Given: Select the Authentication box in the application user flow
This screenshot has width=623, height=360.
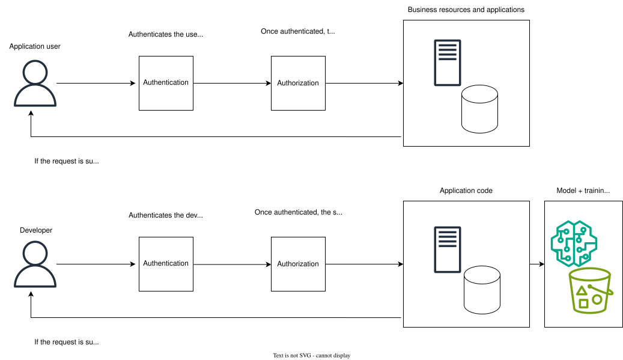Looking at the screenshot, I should click(x=166, y=83).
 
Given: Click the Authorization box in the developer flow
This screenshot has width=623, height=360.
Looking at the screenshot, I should click(x=298, y=264).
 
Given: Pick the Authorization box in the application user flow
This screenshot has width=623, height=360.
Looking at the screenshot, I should click(x=298, y=83).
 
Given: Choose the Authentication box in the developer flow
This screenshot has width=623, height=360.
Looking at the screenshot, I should click(x=166, y=264).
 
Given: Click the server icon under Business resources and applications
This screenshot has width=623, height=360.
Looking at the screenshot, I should click(x=448, y=63).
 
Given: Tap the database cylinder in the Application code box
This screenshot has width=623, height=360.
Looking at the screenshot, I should click(x=482, y=291).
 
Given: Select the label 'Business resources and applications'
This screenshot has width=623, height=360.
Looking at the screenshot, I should click(x=466, y=10).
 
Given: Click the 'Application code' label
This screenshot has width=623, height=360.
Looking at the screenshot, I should click(x=466, y=191).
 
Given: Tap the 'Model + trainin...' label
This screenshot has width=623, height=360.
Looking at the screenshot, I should click(x=583, y=191).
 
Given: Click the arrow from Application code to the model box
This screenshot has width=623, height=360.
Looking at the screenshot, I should click(x=536, y=264).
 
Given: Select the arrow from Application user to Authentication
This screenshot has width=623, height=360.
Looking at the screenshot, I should click(x=96, y=83).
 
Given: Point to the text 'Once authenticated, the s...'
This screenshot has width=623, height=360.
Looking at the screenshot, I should click(x=298, y=212).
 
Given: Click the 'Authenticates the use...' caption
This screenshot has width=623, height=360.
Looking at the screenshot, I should click(x=166, y=34).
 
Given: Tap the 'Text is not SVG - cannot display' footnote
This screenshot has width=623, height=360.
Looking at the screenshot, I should click(x=311, y=355).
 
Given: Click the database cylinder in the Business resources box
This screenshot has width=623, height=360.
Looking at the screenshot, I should click(x=479, y=109).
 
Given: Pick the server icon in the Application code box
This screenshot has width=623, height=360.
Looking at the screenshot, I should click(x=448, y=249).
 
